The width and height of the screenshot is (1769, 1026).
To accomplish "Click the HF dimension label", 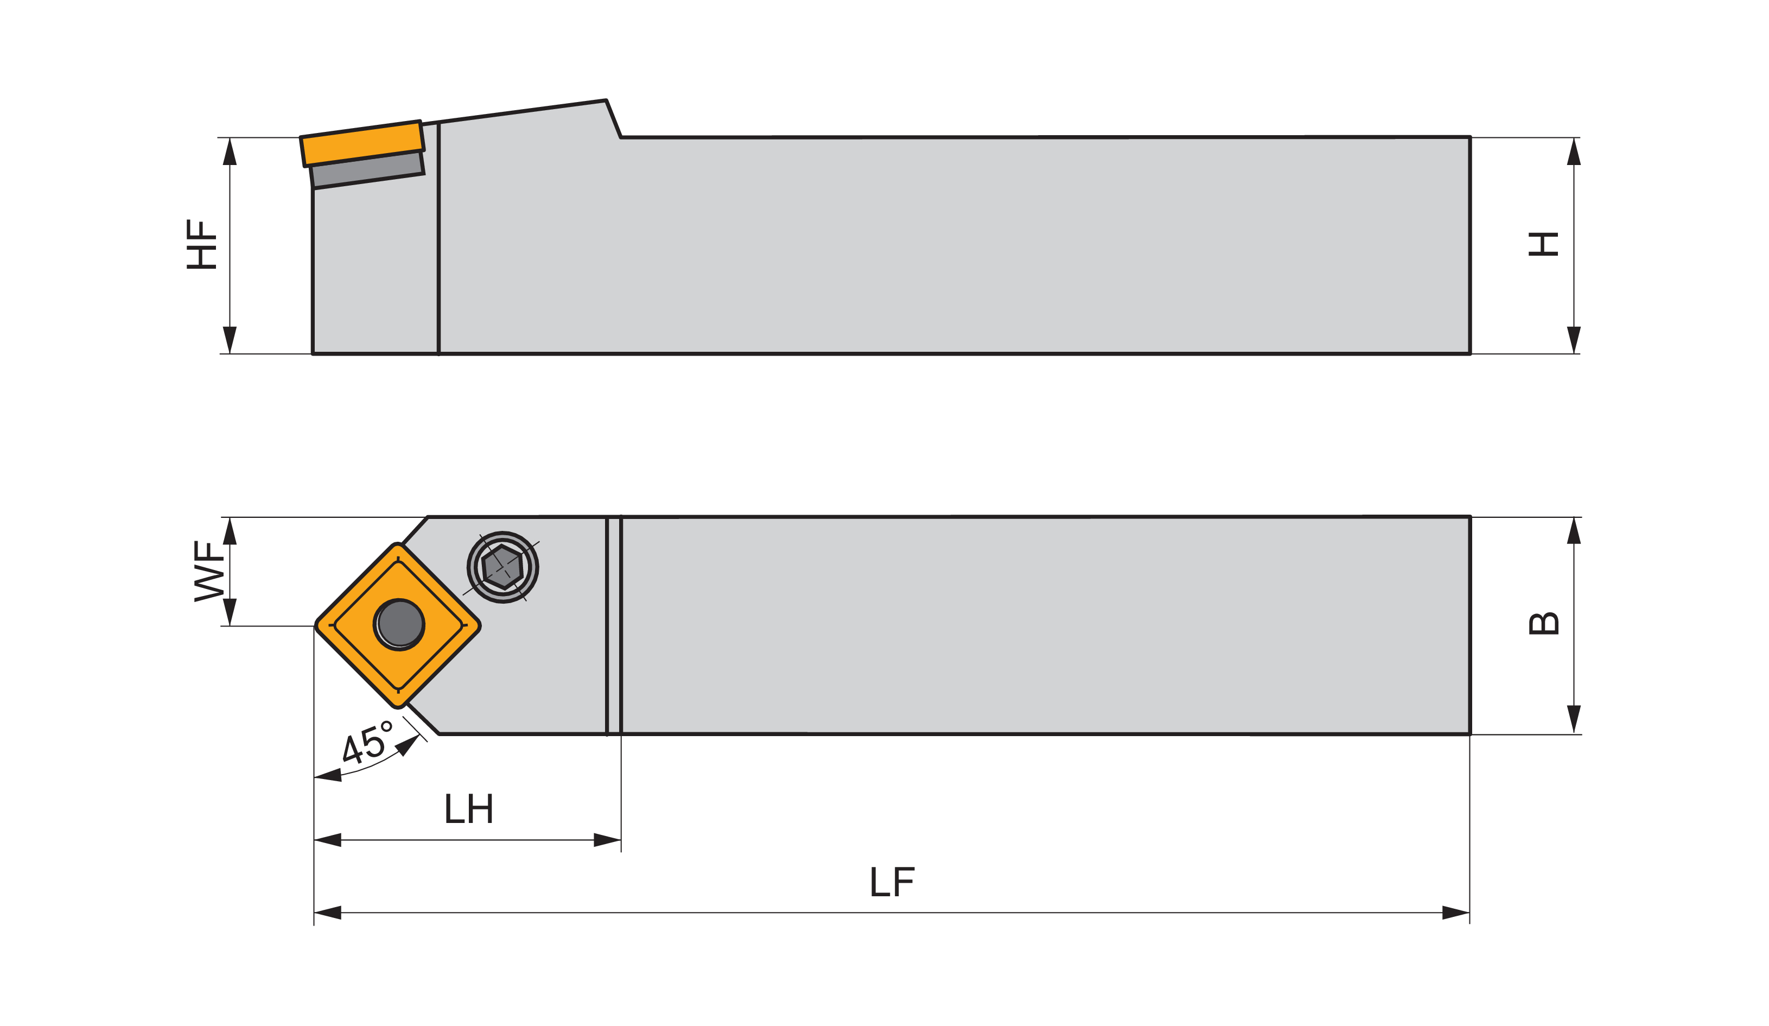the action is tap(201, 244).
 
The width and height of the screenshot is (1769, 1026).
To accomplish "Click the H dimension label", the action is tap(1544, 244).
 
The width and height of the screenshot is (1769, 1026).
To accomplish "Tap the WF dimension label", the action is tap(208, 571).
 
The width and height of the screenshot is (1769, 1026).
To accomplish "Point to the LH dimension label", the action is tap(469, 808).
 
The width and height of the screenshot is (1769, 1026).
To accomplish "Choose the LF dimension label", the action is tap(892, 882).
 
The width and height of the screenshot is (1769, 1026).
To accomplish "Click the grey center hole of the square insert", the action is tap(399, 624).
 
